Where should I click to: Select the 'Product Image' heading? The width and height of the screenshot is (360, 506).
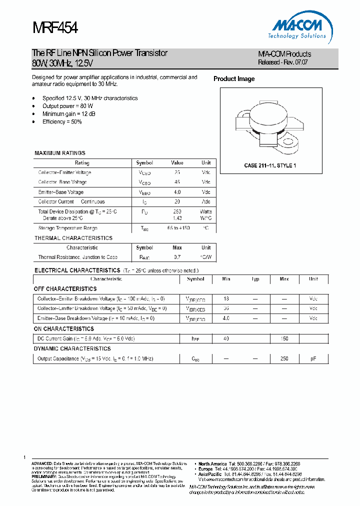(x=234, y=79)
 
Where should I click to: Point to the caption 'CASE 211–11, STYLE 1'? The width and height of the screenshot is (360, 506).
(x=270, y=165)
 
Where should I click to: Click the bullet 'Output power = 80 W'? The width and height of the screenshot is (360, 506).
(x=67, y=106)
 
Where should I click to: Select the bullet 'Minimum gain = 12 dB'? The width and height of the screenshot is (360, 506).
(x=69, y=114)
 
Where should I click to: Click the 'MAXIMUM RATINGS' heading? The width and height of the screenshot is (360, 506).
(x=60, y=153)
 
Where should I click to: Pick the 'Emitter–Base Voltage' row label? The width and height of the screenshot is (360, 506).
(x=61, y=192)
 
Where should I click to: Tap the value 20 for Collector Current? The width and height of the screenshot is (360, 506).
(x=177, y=202)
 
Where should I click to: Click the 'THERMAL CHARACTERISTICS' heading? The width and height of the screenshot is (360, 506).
(x=73, y=238)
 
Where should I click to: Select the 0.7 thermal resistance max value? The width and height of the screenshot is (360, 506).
(x=177, y=257)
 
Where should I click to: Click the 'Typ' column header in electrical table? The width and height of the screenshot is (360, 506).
(x=255, y=279)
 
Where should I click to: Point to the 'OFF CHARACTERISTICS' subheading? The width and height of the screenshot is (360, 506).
(x=65, y=289)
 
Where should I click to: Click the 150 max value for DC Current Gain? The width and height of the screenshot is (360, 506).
(x=284, y=339)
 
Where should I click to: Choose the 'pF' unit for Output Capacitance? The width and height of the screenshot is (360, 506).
(x=313, y=359)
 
